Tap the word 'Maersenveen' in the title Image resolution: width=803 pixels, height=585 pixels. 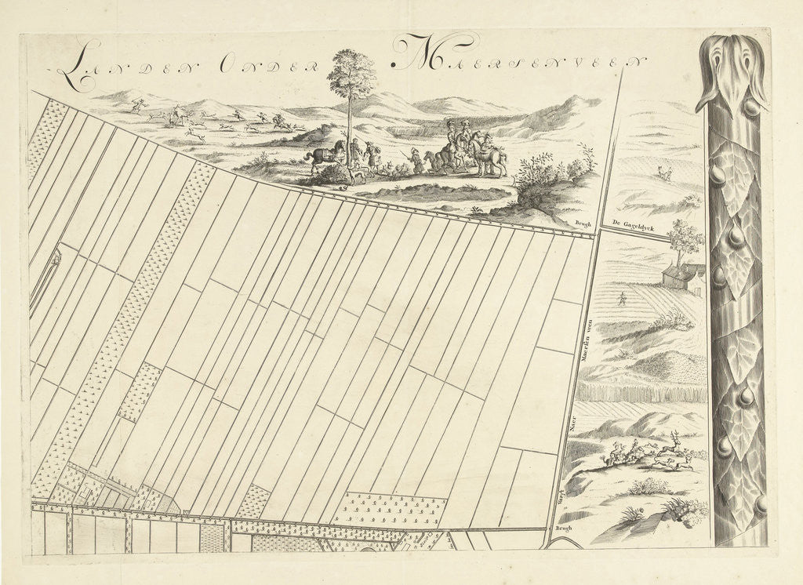(518, 58)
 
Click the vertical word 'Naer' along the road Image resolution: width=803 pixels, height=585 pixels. (573, 424)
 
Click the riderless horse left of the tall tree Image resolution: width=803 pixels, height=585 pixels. (322, 154)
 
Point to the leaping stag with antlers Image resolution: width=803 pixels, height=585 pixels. (674, 448)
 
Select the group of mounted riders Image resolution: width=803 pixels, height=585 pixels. (467, 149)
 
